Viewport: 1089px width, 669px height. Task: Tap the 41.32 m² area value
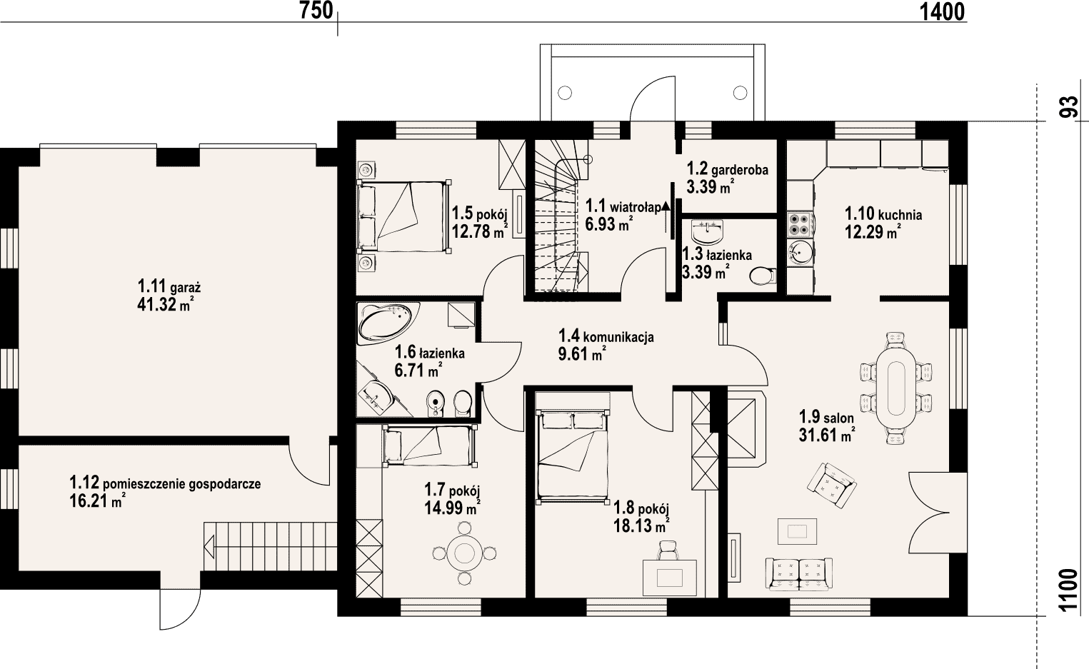165,304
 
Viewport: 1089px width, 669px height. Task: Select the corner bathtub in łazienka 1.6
388,323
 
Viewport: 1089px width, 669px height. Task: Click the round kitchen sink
800,253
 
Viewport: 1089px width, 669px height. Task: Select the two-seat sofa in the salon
798,574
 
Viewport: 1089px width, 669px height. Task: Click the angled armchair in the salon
831,486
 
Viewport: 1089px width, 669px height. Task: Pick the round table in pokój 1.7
464,553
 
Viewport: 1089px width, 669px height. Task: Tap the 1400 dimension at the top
942,11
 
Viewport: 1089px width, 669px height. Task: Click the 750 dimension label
316,11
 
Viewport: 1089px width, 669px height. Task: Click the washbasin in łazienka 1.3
708,231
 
